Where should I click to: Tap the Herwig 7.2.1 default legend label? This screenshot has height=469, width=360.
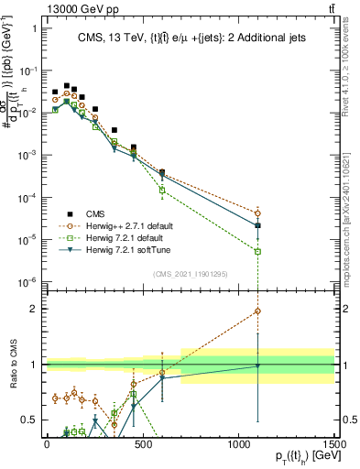124,236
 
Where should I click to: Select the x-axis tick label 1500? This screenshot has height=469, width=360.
335,443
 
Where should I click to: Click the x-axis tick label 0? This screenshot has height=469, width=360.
46,443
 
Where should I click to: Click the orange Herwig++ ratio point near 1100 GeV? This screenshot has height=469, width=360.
258,311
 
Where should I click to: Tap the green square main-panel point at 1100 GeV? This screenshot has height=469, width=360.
258,251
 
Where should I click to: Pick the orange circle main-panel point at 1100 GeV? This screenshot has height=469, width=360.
258,213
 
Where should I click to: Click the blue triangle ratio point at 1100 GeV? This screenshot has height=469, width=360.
258,366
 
